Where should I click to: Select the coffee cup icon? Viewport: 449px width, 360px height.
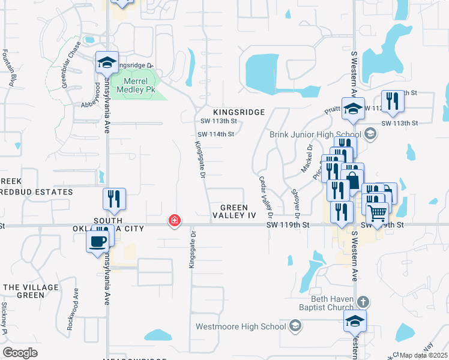[98, 241]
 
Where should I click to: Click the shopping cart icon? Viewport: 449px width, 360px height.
[377, 212]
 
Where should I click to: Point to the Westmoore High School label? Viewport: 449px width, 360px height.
[241, 326]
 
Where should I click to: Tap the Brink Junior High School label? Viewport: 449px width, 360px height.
[315, 134]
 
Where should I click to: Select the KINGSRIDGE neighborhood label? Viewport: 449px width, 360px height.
[239, 112]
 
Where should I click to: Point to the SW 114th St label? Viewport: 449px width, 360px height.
[216, 134]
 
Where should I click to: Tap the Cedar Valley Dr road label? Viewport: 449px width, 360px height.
[265, 197]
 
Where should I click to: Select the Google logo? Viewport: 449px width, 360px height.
[20, 353]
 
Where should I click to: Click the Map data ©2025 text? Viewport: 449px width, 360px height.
[423, 355]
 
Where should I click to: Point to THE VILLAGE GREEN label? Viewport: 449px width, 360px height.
[23, 291]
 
